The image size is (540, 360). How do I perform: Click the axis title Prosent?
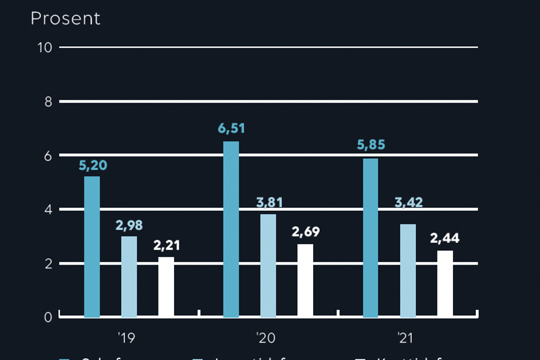click(65, 19)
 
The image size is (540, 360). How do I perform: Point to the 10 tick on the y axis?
click(45, 47)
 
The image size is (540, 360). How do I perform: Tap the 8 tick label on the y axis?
click(48, 101)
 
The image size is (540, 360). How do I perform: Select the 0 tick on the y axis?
click(48, 317)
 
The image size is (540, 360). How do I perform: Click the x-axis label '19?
click(127, 339)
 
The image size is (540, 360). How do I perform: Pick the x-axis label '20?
click(266, 339)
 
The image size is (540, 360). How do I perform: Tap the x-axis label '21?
click(405, 339)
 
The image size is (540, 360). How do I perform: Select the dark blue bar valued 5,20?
click(92, 247)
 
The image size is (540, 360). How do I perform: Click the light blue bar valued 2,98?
click(129, 277)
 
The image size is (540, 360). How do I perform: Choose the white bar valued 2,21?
click(166, 287)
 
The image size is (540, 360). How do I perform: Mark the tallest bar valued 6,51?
click(231, 229)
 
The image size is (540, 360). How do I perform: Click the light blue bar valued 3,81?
click(268, 265)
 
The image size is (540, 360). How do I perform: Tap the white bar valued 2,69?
click(305, 280)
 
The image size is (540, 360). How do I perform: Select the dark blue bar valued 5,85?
click(370, 238)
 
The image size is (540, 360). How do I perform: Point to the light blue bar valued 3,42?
click(407, 271)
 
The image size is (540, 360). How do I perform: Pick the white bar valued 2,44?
click(445, 284)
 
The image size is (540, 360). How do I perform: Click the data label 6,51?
click(231, 129)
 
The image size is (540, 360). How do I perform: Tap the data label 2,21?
click(166, 245)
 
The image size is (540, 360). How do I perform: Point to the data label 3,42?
click(408, 202)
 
